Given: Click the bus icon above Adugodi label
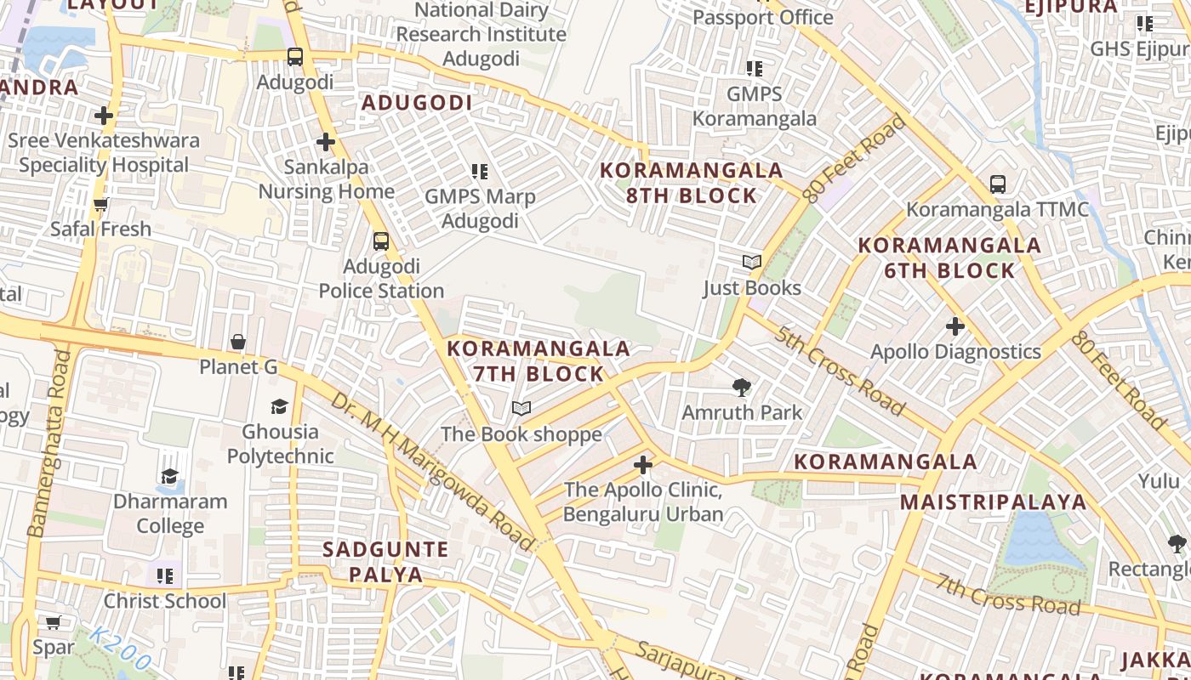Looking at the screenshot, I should (x=294, y=57).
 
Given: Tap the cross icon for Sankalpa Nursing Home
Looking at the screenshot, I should (x=325, y=142).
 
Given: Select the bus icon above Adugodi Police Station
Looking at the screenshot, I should (x=381, y=241).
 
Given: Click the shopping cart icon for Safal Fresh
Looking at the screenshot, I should (x=100, y=204).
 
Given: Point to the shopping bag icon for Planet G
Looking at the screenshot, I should (x=238, y=342).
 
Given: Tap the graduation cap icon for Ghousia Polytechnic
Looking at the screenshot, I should (x=279, y=406).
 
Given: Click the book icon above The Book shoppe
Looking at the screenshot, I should (x=521, y=409).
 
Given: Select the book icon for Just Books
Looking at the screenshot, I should (x=752, y=262).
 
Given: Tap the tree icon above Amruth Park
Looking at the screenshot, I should (x=742, y=388).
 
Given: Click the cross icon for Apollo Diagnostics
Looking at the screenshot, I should (x=955, y=326).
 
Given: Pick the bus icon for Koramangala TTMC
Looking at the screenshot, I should (x=998, y=184).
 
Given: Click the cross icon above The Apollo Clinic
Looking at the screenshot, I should (x=643, y=465).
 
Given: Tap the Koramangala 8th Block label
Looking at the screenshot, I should (x=691, y=183).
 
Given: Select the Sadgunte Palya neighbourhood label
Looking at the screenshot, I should (x=385, y=562).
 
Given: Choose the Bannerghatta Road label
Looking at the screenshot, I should (x=48, y=442).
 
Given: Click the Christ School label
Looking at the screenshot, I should (x=165, y=601).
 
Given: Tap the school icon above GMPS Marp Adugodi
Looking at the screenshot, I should (x=480, y=172).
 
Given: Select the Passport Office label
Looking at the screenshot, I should (x=762, y=17).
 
